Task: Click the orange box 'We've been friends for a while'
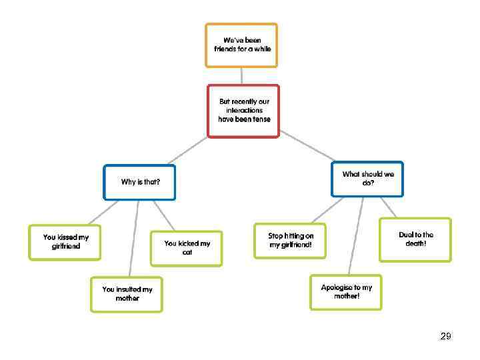[x=241, y=45]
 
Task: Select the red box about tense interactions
[x=243, y=111]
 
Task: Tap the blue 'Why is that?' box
[x=140, y=182]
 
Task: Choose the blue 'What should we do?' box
[x=367, y=179]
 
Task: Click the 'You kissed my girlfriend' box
[x=65, y=242]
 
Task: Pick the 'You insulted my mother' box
[x=127, y=295]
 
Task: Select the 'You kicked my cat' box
[x=186, y=248]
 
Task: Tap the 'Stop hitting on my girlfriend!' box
[x=290, y=241]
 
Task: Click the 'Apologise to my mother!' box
[x=346, y=292]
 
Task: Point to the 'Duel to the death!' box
[x=415, y=239]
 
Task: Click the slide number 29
[x=445, y=337]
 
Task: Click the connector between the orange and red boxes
[x=242, y=75]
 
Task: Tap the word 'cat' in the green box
[x=187, y=253]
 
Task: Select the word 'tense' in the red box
[x=259, y=119]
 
